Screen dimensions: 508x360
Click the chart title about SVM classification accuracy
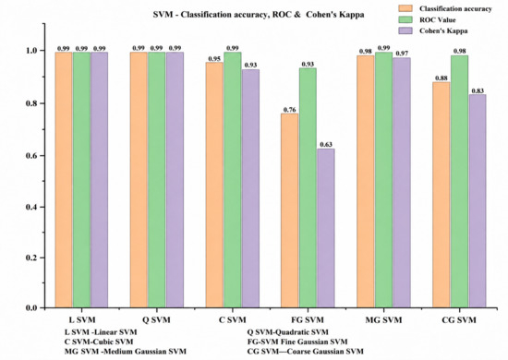(259, 15)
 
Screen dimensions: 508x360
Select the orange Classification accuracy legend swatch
(405, 8)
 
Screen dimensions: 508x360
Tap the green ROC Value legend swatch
(405, 19)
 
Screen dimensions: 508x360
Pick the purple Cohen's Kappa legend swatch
(405, 30)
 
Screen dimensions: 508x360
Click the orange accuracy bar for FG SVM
(290, 210)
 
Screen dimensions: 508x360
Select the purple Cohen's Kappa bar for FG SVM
(326, 228)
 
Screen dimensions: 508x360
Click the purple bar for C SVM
(250, 188)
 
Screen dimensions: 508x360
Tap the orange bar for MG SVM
(365, 181)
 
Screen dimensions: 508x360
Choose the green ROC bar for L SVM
(81, 180)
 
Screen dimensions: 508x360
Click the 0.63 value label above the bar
(326, 144)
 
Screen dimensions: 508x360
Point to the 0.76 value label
(290, 110)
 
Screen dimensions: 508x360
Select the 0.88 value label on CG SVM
(441, 78)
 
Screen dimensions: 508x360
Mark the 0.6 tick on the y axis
(42, 155)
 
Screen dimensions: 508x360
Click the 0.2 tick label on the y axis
(31, 258)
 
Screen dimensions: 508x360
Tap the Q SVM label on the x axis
(156, 320)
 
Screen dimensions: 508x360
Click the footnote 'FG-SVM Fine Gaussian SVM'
(297, 342)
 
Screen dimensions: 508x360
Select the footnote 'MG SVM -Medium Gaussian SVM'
(126, 352)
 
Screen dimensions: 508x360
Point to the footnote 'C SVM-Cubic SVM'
(99, 342)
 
